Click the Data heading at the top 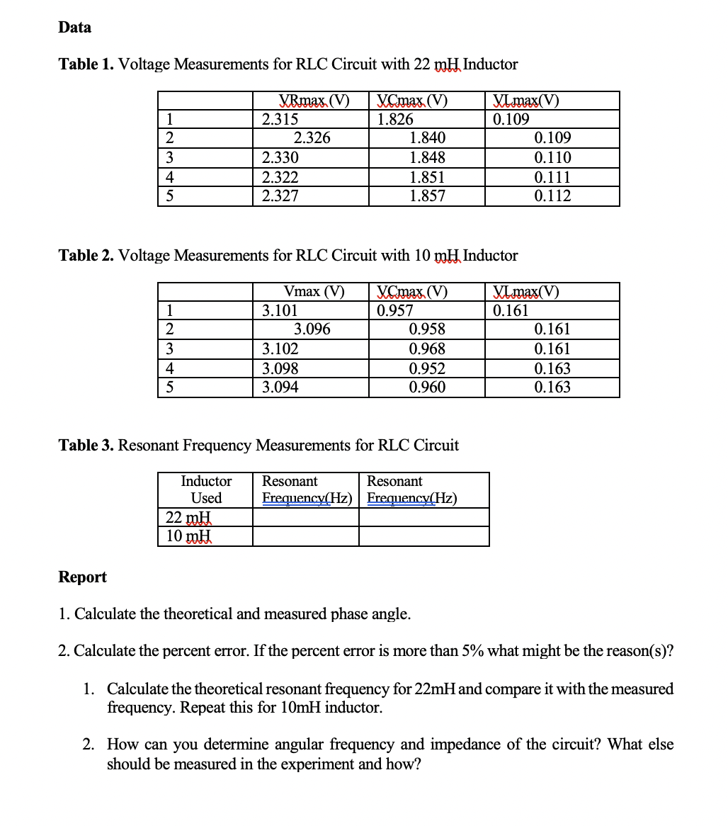(x=74, y=28)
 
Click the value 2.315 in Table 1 (x=280, y=119)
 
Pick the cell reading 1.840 (x=428, y=138)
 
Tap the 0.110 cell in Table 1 (x=552, y=157)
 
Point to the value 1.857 (x=428, y=196)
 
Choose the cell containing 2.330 (x=280, y=157)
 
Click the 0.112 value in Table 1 (x=552, y=196)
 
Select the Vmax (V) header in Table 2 (x=314, y=291)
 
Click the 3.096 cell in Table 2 (x=312, y=329)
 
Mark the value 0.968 (x=428, y=349)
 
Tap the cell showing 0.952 (x=428, y=368)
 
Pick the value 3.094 (x=280, y=387)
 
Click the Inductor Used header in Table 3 (x=206, y=490)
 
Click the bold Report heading (x=82, y=577)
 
